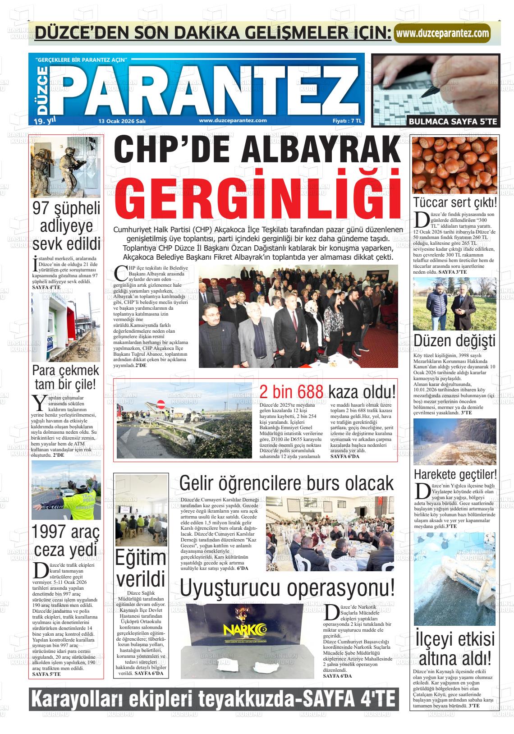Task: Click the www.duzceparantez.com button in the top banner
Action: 441,33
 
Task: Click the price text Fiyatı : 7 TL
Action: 347,121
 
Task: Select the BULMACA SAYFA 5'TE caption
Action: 453,121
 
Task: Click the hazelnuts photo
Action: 454,165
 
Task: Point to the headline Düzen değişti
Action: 454,341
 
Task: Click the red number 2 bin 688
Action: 291,392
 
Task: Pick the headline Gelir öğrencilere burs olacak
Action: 286,483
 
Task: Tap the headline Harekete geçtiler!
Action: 455,474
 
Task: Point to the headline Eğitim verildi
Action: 140,569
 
